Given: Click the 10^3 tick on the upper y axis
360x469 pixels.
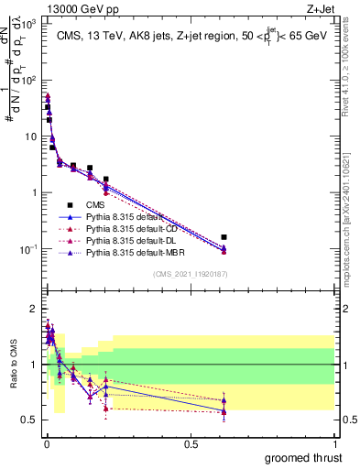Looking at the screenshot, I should [x=30, y=24].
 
